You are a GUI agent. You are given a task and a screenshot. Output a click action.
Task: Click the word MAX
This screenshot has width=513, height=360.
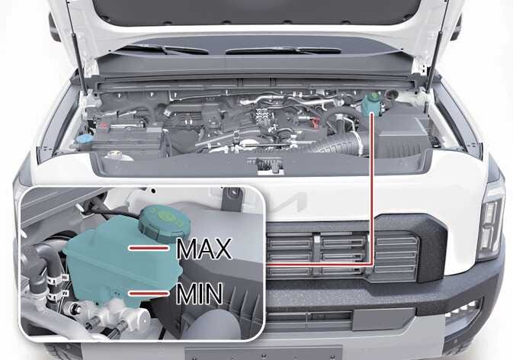click(204, 249)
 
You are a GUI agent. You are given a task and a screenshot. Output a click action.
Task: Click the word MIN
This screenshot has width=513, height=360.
click(200, 294)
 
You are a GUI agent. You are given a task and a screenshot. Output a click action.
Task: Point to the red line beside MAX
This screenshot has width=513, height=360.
click(149, 248)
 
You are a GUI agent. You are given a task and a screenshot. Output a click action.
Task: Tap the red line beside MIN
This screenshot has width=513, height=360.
click(149, 294)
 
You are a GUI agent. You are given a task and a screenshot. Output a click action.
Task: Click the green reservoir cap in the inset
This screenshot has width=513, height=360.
click(164, 223)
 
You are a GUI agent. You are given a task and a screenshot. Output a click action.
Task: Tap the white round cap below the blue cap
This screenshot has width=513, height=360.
click(114, 155)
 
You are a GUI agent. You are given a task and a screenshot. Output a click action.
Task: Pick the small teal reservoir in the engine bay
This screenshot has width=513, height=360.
click(371, 104)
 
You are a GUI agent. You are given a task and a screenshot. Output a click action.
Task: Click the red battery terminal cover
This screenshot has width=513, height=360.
click(104, 126)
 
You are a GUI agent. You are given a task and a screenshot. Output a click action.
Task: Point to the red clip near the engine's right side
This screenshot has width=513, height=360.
click(315, 123)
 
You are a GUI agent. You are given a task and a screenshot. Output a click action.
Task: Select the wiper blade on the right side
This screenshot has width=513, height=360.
click(283, 50)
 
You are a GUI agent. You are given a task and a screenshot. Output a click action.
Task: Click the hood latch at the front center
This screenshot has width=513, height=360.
click(269, 166)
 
